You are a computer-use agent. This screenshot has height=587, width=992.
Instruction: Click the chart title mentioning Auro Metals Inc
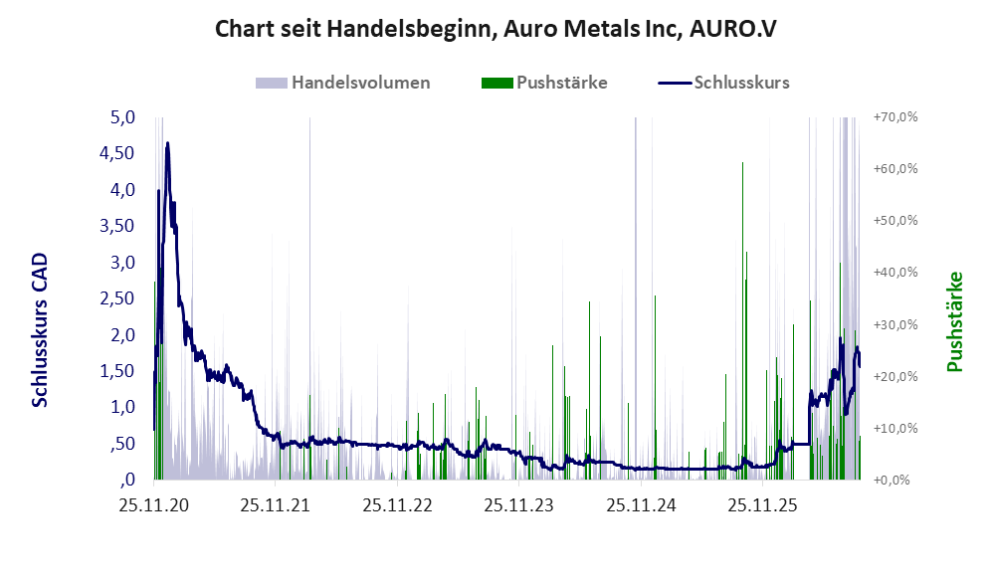coord(496,29)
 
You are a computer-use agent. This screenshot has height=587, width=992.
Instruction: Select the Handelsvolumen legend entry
coord(343,83)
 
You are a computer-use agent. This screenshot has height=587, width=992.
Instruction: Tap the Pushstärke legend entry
coord(544,83)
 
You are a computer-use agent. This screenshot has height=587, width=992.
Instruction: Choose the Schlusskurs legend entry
coord(723,83)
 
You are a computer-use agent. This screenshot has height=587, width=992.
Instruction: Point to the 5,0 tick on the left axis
coord(122,117)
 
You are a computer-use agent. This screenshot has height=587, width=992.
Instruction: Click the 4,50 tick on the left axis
coord(117,153)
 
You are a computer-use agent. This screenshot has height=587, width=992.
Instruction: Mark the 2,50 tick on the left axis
coord(117,297)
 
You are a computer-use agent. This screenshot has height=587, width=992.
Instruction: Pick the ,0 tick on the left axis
coord(127,480)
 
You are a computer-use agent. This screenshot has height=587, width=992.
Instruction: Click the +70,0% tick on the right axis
coord(895,117)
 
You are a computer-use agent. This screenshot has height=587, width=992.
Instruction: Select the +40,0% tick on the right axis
coord(895,272)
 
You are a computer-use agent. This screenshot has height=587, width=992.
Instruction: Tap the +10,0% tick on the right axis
coord(895,428)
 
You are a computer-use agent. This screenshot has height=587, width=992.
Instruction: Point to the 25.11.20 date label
coord(154,505)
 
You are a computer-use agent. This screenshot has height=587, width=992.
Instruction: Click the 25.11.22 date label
coord(397,505)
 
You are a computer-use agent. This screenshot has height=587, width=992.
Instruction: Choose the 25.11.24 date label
coord(641,505)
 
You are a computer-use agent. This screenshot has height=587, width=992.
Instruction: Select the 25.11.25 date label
coord(763,505)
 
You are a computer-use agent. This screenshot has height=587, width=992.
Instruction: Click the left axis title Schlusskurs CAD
coord(40,329)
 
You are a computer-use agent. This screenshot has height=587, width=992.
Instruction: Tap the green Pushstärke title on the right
coord(954,322)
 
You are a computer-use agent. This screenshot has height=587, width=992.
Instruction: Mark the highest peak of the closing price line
coord(167,143)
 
